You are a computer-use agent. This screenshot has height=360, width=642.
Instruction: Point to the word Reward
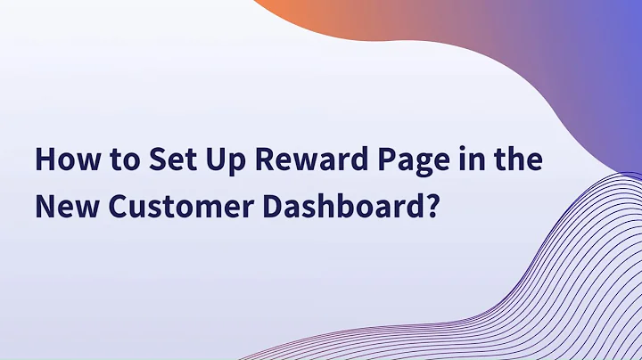pyautogui.click(x=306, y=163)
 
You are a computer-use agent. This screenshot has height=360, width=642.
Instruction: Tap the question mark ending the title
pyautogui.click(x=432, y=208)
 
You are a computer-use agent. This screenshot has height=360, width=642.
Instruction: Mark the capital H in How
pyautogui.click(x=44, y=163)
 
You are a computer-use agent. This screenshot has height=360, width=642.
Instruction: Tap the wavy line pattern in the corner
pyautogui.click(x=571, y=285)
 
